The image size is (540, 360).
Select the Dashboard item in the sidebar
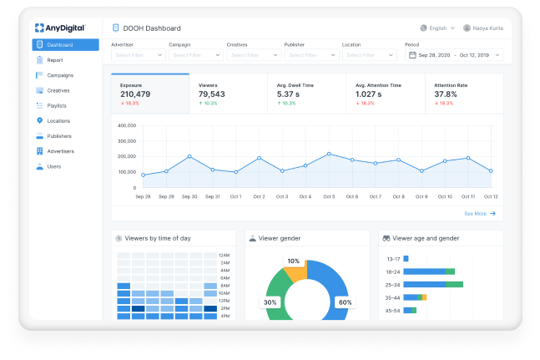click(x=66, y=45)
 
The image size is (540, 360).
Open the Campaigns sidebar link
click(x=60, y=75)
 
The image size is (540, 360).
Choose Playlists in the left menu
click(x=58, y=105)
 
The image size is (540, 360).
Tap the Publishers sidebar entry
click(x=59, y=136)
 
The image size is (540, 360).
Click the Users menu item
click(x=53, y=166)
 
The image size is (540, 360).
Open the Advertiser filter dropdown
click(x=138, y=55)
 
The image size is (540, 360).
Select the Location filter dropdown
click(x=368, y=55)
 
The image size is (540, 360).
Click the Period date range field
click(x=454, y=55)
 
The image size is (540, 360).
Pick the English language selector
click(x=438, y=28)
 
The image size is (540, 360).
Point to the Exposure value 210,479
click(x=135, y=94)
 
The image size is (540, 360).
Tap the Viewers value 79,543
click(x=212, y=94)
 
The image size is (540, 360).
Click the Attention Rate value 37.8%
click(x=446, y=94)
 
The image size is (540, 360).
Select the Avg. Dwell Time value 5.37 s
click(x=288, y=94)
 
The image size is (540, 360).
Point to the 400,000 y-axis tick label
click(x=127, y=126)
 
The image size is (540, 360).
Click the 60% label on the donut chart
click(x=344, y=302)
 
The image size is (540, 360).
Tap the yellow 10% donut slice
click(x=295, y=270)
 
